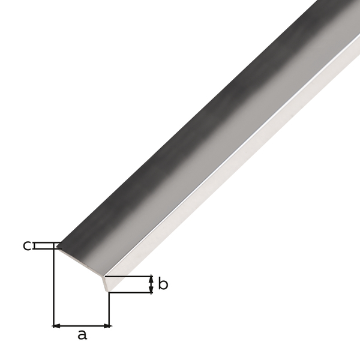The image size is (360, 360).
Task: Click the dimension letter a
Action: [82, 335]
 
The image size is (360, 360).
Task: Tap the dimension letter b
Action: [163, 284]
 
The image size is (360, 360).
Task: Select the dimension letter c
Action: [27, 245]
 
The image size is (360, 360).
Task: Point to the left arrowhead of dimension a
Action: [57, 326]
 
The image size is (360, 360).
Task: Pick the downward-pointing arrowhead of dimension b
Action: [151, 290]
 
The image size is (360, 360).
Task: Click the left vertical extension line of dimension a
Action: [54, 288]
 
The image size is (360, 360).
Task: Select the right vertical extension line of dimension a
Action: [109, 309]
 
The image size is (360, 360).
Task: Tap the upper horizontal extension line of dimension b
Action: [129, 277]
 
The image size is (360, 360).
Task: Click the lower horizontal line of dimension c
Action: [45, 248]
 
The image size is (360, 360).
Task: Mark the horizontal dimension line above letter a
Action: [82, 326]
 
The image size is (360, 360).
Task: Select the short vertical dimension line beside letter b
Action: [151, 284]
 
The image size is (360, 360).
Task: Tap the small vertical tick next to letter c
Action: [35, 246]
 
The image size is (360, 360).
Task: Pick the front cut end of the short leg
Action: [107, 283]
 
